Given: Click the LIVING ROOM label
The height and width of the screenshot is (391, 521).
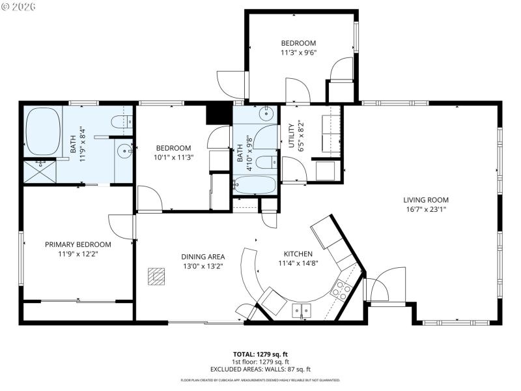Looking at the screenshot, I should (426, 200).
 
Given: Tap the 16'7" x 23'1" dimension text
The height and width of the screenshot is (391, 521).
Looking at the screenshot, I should (426, 209).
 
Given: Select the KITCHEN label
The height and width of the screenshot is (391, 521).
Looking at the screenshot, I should (298, 253).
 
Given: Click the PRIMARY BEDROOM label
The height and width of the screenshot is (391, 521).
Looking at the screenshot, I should (77, 244).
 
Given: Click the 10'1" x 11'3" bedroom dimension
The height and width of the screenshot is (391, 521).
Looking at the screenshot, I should (173, 157).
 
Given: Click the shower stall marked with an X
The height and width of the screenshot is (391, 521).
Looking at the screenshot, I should (40, 171).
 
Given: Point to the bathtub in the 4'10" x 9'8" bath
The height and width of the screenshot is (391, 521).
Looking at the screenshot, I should (254, 184).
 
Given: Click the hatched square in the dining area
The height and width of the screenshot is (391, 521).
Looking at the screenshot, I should (155, 276).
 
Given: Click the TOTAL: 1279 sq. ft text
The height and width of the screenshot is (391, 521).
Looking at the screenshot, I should (260, 354).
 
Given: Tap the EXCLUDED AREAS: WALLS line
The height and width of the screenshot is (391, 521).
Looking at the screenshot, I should (260, 369).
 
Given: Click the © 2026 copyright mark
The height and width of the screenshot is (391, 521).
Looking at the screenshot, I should (20, 7).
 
